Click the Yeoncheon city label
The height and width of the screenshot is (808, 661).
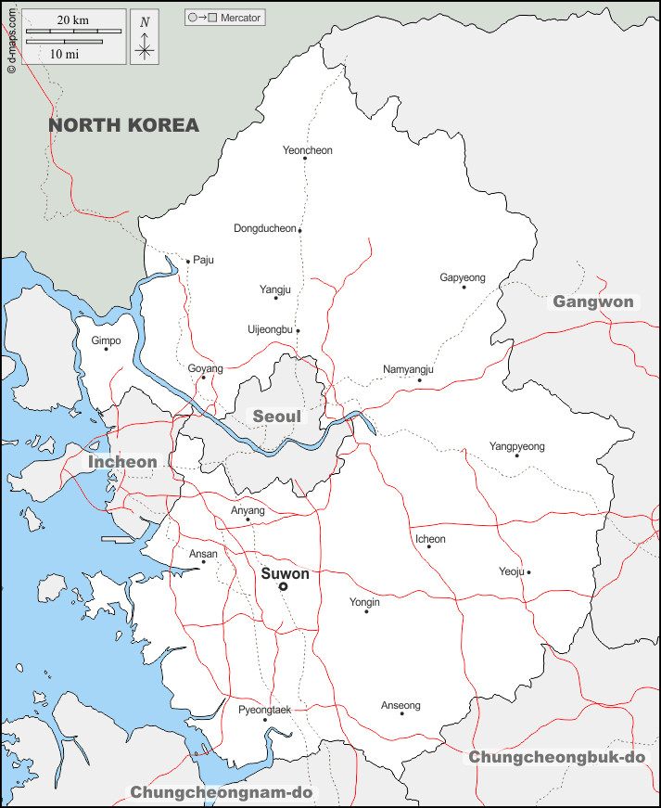click(x=307, y=150)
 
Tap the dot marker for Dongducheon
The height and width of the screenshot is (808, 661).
click(x=300, y=230)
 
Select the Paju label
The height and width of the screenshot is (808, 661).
click(x=203, y=260)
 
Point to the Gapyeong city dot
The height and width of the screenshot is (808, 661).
click(x=464, y=287)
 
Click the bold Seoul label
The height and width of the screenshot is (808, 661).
click(x=277, y=417)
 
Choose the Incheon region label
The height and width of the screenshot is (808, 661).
click(x=122, y=461)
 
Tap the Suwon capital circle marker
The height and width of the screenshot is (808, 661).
click(x=284, y=586)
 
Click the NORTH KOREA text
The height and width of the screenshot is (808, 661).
click(x=123, y=125)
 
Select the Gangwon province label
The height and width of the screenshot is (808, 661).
click(x=593, y=301)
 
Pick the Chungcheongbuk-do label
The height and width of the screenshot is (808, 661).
click(x=556, y=757)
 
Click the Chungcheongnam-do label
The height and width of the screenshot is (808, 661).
click(x=222, y=792)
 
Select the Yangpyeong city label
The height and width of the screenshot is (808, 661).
click(x=516, y=446)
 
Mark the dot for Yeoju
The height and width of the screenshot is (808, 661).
click(x=528, y=572)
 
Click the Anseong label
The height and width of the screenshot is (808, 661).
click(x=400, y=706)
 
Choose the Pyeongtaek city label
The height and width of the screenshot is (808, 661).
click(x=264, y=710)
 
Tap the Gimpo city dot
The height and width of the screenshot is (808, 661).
click(x=107, y=349)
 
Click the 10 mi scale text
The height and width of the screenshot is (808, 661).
click(x=63, y=54)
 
